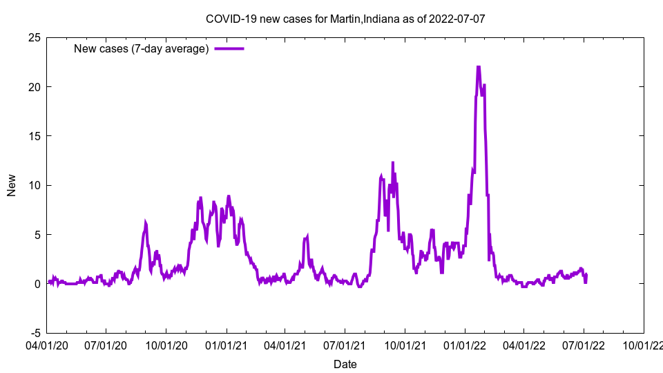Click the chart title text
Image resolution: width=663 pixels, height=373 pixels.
(x=345, y=18)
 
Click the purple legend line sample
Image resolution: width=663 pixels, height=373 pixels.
(x=229, y=48)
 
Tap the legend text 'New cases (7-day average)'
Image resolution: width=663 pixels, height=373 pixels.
(x=142, y=48)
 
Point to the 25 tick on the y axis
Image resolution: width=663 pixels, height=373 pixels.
(x=34, y=37)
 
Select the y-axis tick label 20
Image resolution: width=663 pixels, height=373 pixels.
(x=34, y=86)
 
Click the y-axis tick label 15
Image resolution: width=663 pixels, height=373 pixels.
(x=34, y=136)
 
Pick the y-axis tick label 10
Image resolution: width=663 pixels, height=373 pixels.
(x=34, y=185)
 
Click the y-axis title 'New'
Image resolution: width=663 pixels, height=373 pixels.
(x=12, y=185)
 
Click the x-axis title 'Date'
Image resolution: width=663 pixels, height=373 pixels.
(x=345, y=364)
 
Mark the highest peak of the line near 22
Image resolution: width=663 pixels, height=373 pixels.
(x=478, y=66)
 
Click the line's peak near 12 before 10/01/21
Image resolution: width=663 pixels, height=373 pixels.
(x=393, y=162)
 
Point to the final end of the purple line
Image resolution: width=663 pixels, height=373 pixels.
(x=586, y=275)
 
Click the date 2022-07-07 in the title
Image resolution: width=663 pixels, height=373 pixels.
(x=457, y=18)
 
